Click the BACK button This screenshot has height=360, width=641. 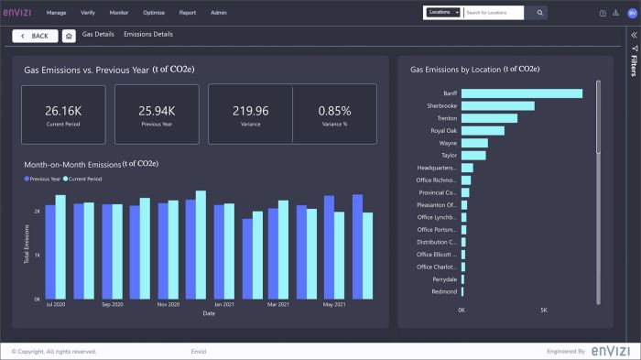point(35,36)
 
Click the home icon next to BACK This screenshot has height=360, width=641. point(69,36)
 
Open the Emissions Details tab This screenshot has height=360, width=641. point(148,35)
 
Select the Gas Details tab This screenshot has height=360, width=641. point(97,35)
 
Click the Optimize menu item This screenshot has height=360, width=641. point(153,13)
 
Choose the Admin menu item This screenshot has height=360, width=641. point(219,13)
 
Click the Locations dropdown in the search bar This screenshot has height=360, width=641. point(443,13)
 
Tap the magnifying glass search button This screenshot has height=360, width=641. point(539,13)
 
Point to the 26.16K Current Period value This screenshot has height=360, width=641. point(63,110)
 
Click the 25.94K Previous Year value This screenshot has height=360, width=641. point(157,110)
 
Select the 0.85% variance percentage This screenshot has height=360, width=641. point(334,110)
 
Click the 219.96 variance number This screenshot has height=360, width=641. point(250,110)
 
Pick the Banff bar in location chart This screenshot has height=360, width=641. point(521,93)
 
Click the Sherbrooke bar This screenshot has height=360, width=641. point(497,106)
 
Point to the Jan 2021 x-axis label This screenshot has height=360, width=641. point(224,304)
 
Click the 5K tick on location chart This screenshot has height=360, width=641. point(543,311)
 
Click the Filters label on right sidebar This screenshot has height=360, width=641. point(634,65)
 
